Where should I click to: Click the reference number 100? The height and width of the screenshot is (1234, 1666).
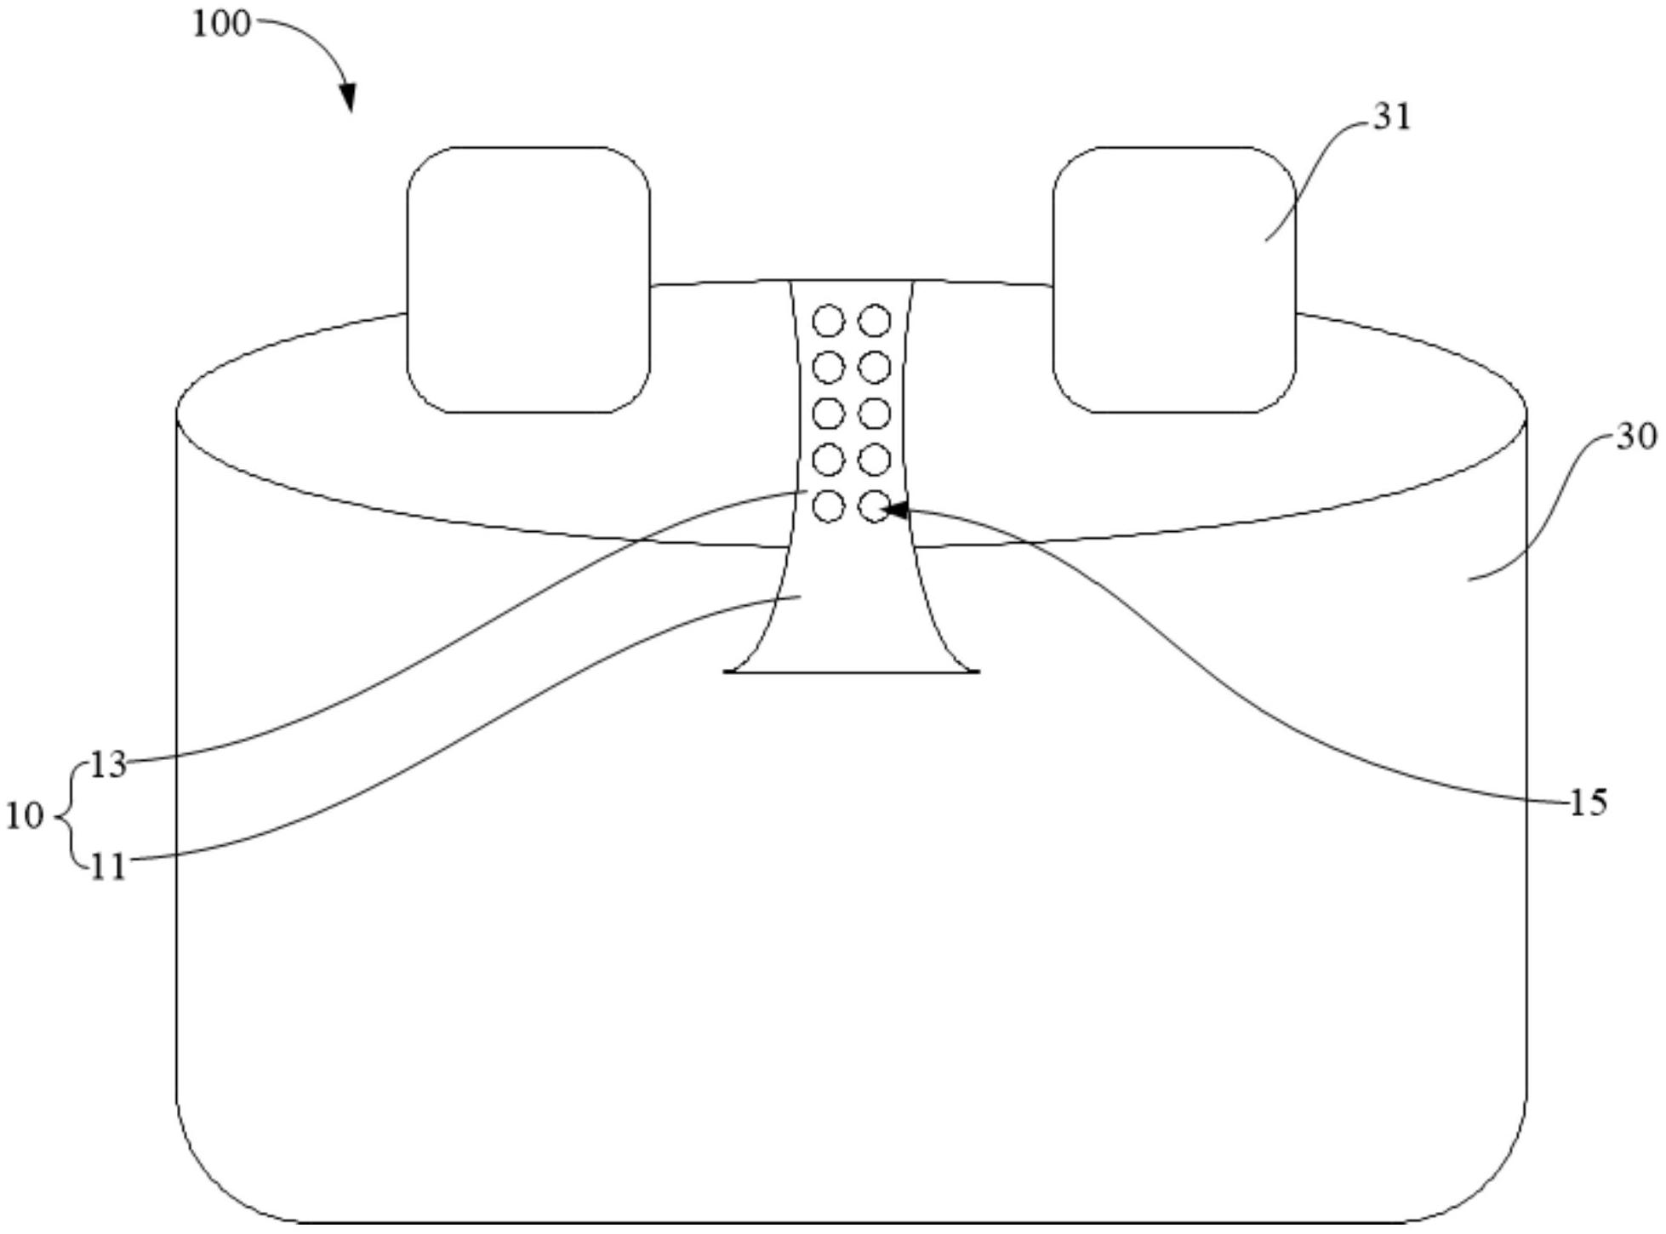click(221, 25)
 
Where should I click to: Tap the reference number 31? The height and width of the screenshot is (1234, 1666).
click(1393, 117)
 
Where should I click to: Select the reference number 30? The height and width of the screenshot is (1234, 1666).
click(1636, 437)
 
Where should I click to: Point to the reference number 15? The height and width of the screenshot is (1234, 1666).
click(1588, 803)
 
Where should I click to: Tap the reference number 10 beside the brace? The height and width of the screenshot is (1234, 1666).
click(24, 816)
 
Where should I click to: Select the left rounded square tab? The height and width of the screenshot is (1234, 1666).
click(528, 280)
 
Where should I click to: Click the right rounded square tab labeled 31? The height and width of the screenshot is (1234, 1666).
click(1174, 280)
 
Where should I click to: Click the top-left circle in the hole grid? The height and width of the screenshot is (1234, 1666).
click(828, 322)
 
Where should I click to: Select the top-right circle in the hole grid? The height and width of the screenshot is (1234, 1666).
click(874, 322)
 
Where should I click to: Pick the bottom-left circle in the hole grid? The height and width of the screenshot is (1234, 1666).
click(828, 506)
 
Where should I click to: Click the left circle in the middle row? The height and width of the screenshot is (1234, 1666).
click(828, 414)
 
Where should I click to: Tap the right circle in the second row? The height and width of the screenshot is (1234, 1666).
click(874, 368)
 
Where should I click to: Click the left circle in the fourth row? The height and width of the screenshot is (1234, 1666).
click(828, 460)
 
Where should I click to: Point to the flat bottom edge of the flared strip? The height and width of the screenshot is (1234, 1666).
click(851, 672)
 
